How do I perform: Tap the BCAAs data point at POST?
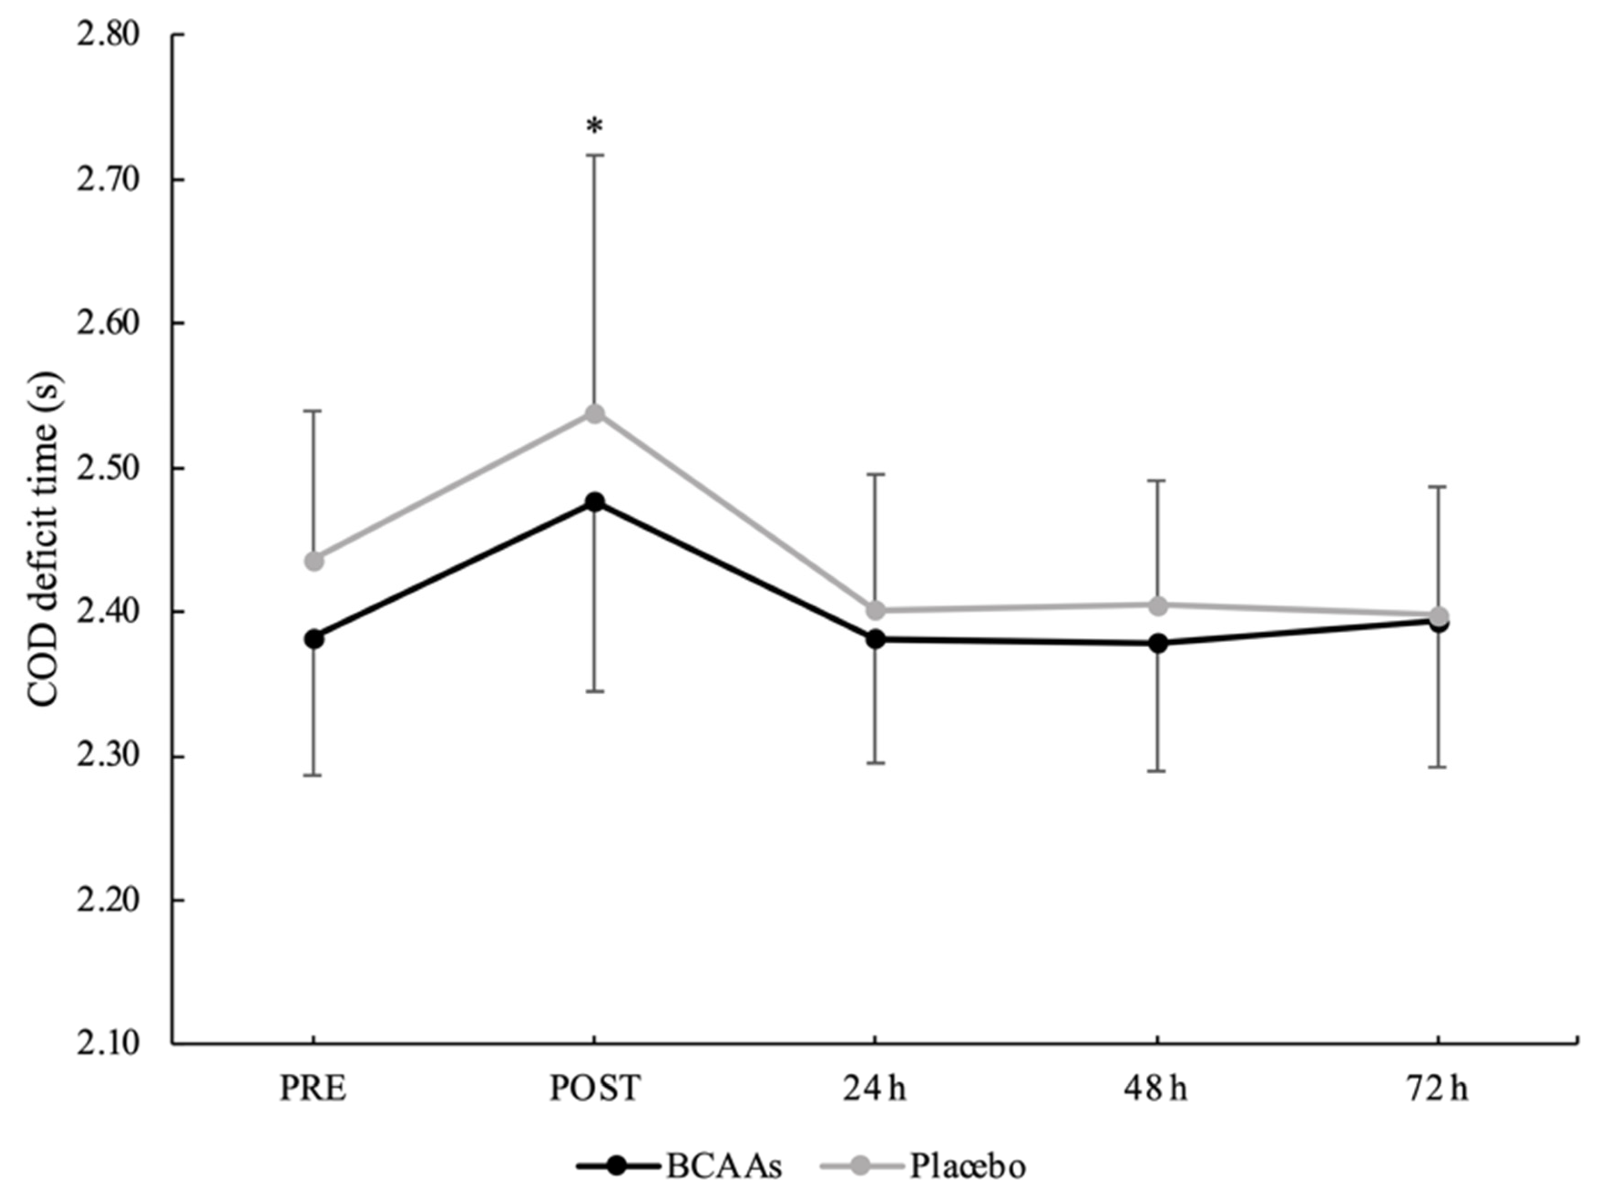click(x=595, y=502)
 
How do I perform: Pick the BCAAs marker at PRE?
click(x=314, y=639)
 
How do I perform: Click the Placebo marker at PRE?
click(x=314, y=561)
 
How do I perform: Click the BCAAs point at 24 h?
click(x=876, y=639)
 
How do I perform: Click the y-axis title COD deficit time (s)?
click(x=45, y=540)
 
